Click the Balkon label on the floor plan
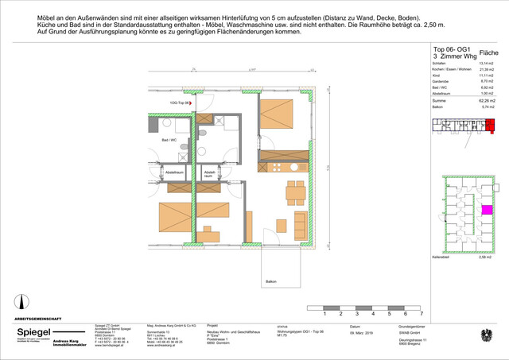[272, 281]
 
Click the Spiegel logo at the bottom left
[32, 333]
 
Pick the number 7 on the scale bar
[422, 315]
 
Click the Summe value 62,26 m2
[487, 102]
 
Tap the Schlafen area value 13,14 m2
[487, 64]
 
